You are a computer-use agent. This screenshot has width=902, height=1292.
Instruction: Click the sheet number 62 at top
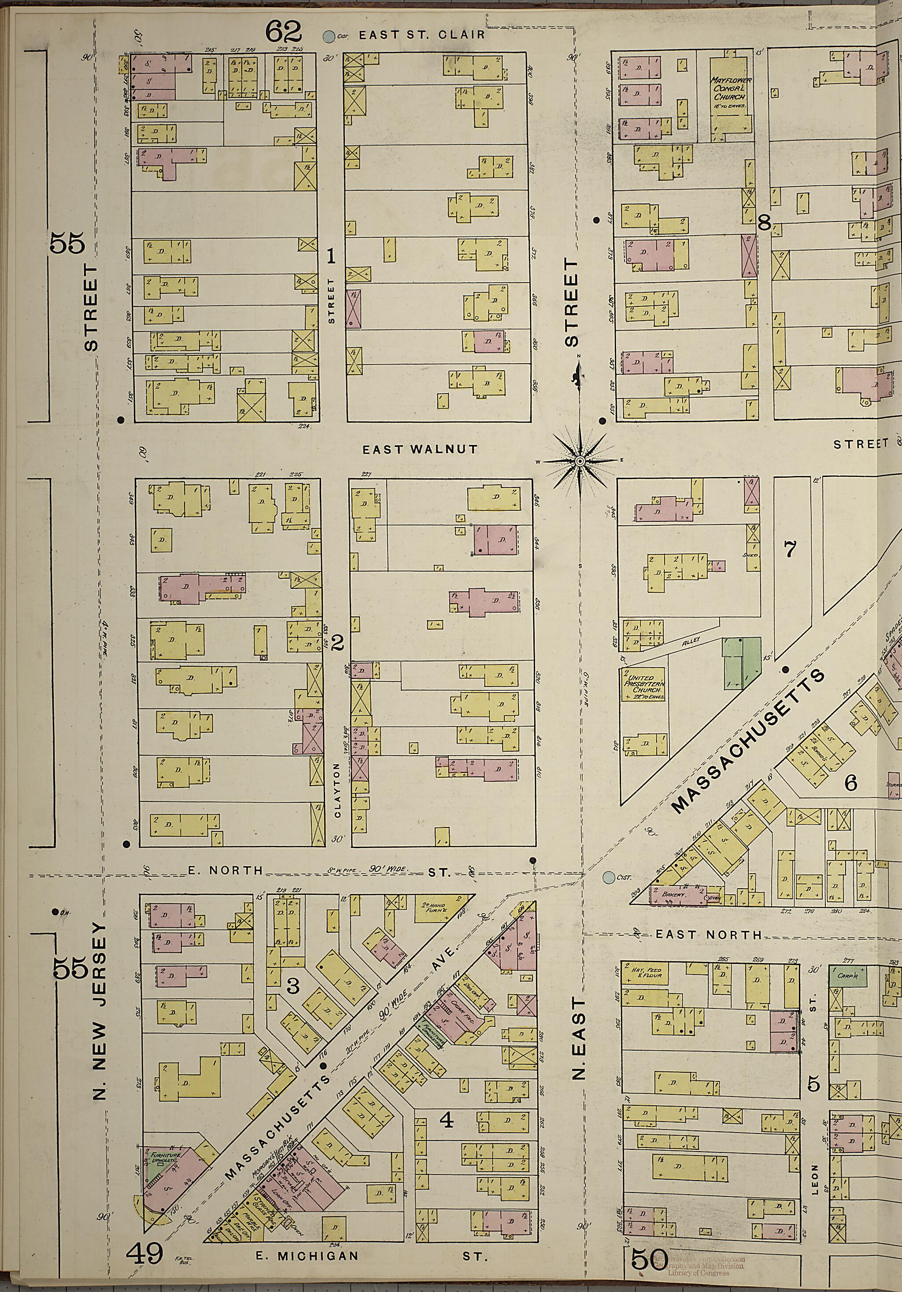(285, 32)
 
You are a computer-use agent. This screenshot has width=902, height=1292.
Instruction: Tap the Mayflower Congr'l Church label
(730, 89)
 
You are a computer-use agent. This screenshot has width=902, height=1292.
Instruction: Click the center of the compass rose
(579, 461)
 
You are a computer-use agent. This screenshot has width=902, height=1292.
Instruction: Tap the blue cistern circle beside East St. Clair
(327, 37)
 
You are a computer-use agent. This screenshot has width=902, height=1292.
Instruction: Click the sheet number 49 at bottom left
(144, 1268)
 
